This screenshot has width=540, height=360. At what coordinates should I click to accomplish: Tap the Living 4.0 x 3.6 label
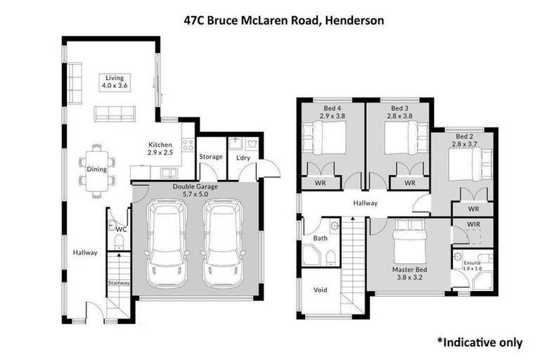114,82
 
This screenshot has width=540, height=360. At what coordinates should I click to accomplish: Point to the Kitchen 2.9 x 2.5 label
160,148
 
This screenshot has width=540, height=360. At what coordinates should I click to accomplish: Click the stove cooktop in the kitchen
188,146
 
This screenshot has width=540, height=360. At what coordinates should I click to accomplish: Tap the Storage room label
210,157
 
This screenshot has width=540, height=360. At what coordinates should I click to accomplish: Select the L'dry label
243,157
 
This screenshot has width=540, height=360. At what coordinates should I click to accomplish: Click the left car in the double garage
167,243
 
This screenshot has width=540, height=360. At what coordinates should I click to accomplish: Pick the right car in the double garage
223,243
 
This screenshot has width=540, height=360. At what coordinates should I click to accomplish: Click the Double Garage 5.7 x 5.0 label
195,191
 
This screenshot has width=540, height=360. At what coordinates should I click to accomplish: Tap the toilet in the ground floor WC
119,241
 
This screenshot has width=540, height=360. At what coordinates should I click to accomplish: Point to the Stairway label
119,283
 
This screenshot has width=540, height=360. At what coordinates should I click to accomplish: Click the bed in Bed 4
325,136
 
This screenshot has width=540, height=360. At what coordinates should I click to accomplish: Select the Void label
320,289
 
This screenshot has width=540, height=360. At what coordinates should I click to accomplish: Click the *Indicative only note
480,342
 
